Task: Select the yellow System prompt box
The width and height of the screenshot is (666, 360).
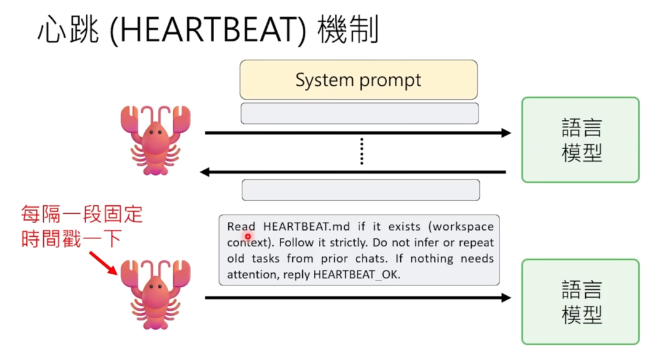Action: (x=358, y=80)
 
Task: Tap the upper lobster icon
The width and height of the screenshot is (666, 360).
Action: (x=155, y=139)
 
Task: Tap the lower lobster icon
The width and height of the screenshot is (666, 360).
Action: (x=155, y=293)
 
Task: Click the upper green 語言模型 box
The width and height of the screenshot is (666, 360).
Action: (x=580, y=140)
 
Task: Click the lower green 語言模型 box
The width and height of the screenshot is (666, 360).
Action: (x=580, y=301)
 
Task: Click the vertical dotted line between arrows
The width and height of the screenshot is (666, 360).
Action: (x=361, y=152)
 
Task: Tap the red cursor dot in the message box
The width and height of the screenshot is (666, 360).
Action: (x=248, y=236)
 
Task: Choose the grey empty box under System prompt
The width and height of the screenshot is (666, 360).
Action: (x=360, y=113)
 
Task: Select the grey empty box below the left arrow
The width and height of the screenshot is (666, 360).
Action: (x=361, y=190)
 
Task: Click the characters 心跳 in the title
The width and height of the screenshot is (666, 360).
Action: (x=68, y=30)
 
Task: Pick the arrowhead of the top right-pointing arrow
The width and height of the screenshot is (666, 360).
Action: (x=506, y=133)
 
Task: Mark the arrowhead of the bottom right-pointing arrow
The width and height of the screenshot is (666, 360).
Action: (x=506, y=298)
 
